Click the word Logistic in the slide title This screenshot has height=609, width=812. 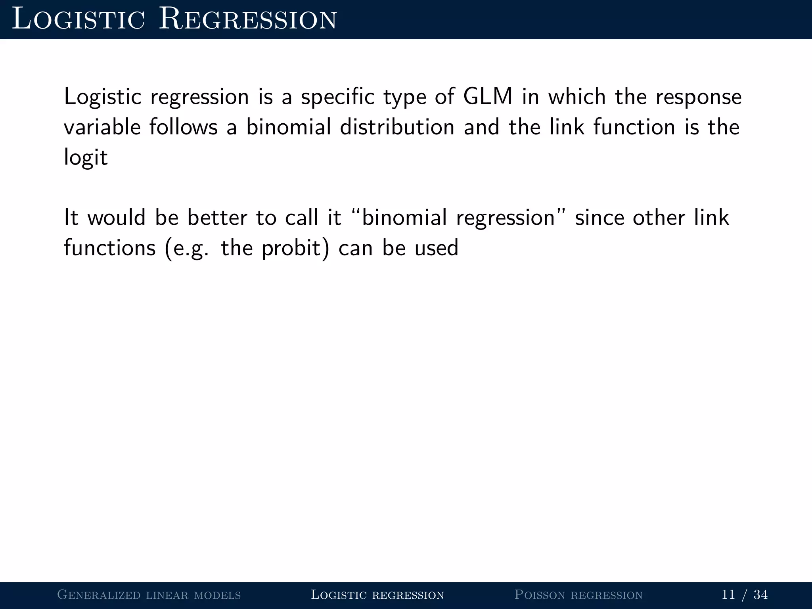click(79, 20)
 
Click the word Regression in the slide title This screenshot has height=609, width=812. click(248, 20)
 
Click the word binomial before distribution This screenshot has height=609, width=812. click(288, 127)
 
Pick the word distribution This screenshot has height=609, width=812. click(397, 127)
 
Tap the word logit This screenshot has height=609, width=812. click(86, 158)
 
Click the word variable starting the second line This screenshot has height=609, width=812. click(102, 127)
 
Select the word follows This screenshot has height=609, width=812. click(184, 127)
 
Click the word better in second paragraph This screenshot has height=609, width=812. click(217, 218)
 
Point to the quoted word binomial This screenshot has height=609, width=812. click(404, 218)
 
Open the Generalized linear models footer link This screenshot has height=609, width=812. click(149, 595)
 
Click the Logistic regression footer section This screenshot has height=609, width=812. click(377, 595)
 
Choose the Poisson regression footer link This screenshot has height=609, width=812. click(578, 595)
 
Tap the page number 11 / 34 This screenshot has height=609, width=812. click(744, 595)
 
